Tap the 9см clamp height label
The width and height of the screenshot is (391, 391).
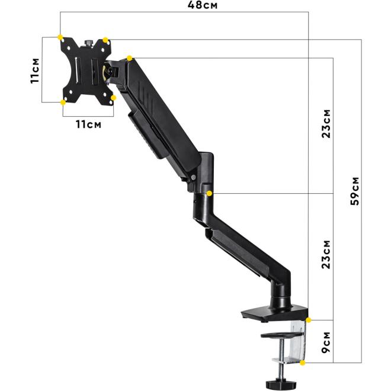coord(325,342)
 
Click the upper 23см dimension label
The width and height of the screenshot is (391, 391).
coord(326,123)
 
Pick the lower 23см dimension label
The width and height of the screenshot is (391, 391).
coord(326,254)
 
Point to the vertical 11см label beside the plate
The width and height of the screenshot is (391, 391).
coord(35,70)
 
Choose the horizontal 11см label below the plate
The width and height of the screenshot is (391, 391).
coord(88,124)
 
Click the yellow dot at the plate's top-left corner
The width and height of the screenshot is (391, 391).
coord(60,37)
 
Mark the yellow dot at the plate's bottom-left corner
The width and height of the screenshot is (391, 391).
coord(63,102)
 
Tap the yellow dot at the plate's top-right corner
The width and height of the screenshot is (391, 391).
coord(105,40)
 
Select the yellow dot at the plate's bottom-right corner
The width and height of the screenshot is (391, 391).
coord(113,98)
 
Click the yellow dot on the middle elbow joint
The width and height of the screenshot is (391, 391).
coord(210,193)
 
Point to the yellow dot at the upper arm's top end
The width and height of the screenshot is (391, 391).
coord(129,58)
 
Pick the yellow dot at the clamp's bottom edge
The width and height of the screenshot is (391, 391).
coord(303,361)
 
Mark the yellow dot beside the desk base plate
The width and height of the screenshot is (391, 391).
coord(309,321)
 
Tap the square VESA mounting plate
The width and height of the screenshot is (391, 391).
coord(86,70)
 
